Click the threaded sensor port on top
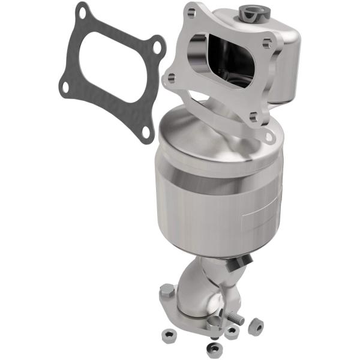(x=246, y=10)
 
